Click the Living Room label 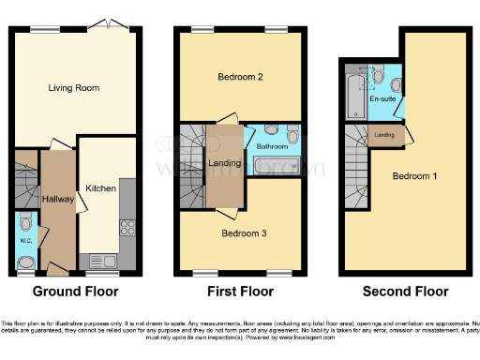click(x=74, y=88)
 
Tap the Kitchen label click(x=101, y=188)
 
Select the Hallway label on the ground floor click(x=58, y=199)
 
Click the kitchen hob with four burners click(x=127, y=226)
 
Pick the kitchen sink click(x=97, y=260)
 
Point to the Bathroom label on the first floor click(x=273, y=147)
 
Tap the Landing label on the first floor click(x=226, y=163)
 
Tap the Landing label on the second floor click(x=384, y=136)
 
